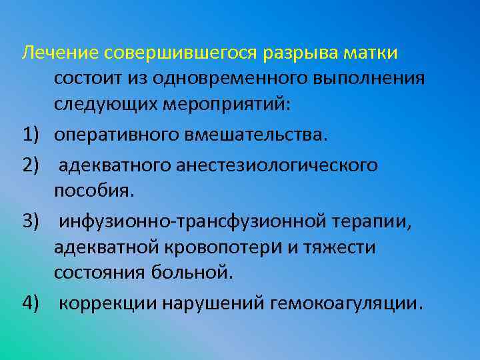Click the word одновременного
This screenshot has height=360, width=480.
point(228,79)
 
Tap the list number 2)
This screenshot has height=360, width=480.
point(33,164)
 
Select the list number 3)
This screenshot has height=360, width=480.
point(33,220)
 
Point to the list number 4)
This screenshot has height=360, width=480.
point(33,304)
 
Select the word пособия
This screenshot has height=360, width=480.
point(94,192)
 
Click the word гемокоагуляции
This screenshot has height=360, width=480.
point(345,304)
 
